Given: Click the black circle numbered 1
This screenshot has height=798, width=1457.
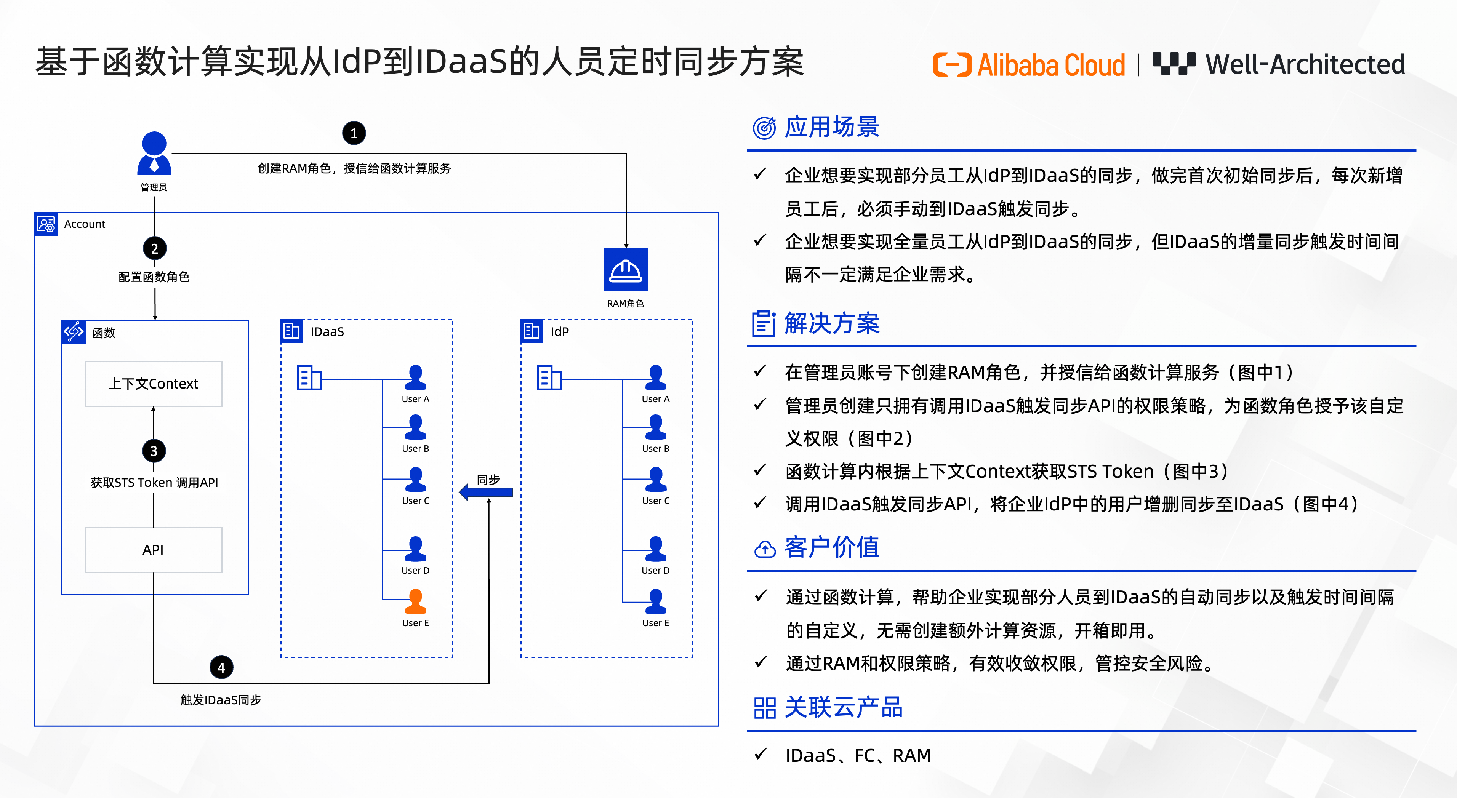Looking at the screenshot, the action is pyautogui.click(x=354, y=133).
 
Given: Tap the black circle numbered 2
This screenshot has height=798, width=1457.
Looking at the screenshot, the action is pyautogui.click(x=154, y=248).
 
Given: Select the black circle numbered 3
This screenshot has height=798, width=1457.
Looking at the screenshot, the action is pyautogui.click(x=154, y=451).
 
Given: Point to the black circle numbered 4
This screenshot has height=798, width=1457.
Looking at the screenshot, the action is pyautogui.click(x=221, y=667).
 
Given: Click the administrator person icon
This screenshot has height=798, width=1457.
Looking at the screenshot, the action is pyautogui.click(x=154, y=153).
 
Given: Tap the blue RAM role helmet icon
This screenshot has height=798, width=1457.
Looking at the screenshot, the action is pyautogui.click(x=626, y=270).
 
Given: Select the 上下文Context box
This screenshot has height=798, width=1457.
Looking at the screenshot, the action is pyautogui.click(x=153, y=384).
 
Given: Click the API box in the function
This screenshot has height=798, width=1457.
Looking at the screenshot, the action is pyautogui.click(x=153, y=550).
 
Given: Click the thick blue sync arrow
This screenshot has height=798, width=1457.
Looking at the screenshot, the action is pyautogui.click(x=486, y=492).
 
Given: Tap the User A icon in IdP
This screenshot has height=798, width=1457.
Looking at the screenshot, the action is pyautogui.click(x=656, y=377).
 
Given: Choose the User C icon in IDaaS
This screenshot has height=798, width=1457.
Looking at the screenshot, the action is pyautogui.click(x=416, y=479).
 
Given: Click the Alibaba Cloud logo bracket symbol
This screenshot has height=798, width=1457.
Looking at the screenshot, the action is pyautogui.click(x=952, y=64).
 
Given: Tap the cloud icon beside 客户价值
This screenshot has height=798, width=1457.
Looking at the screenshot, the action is pyautogui.click(x=765, y=549).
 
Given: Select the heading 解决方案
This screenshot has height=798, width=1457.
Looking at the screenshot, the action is pyautogui.click(x=831, y=323).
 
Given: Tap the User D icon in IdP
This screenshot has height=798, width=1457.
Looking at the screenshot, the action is pyautogui.click(x=656, y=549).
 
